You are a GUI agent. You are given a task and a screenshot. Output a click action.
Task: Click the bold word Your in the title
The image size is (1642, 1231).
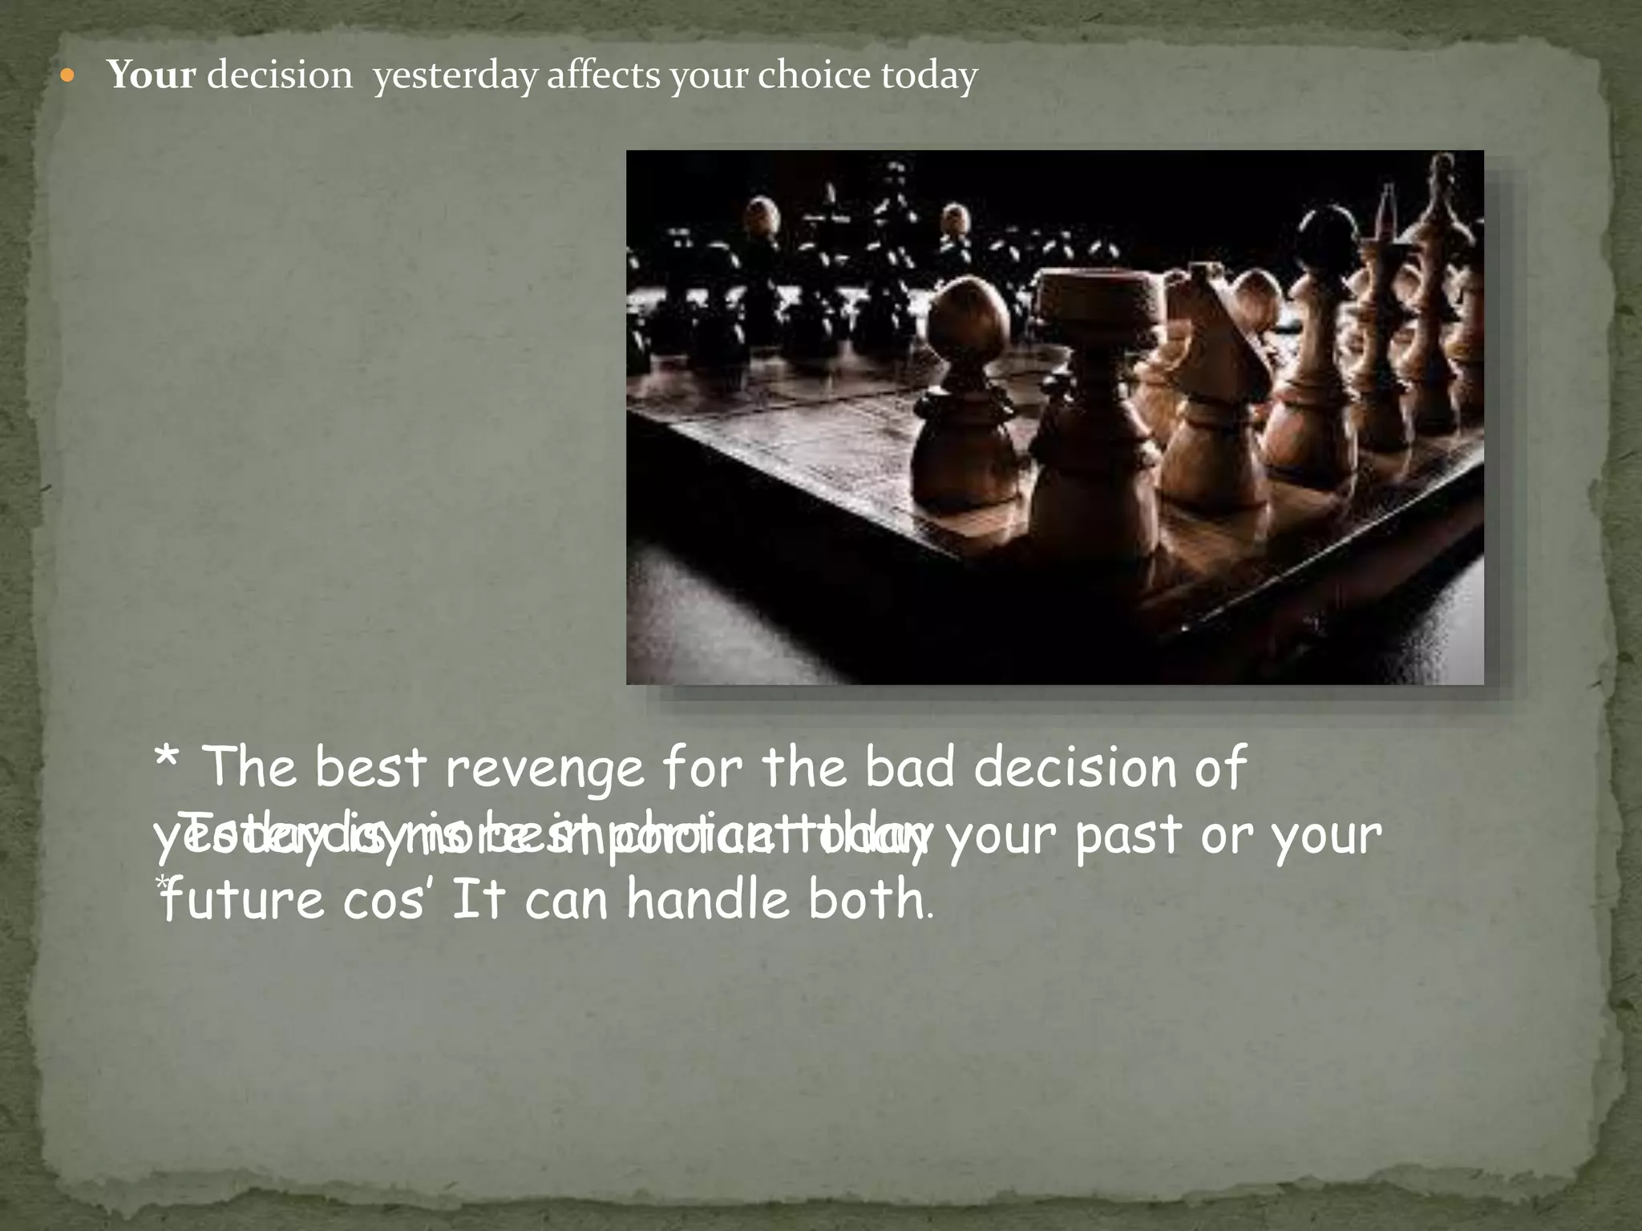tap(152, 75)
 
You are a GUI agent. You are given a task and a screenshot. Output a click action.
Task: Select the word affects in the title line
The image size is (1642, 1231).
tap(603, 75)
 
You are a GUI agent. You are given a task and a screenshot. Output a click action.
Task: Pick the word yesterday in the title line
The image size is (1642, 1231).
tap(455, 77)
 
